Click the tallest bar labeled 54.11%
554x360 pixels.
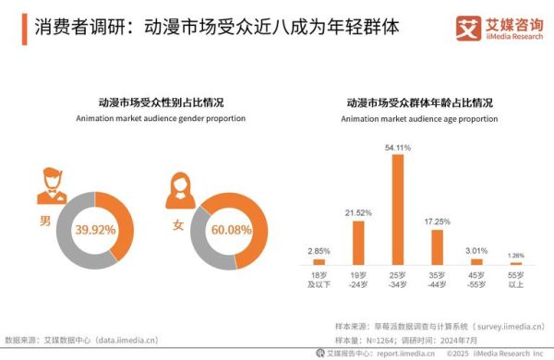398,210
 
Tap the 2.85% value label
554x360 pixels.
318,251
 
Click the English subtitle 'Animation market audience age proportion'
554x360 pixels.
419,119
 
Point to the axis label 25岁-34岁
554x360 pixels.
398,281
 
